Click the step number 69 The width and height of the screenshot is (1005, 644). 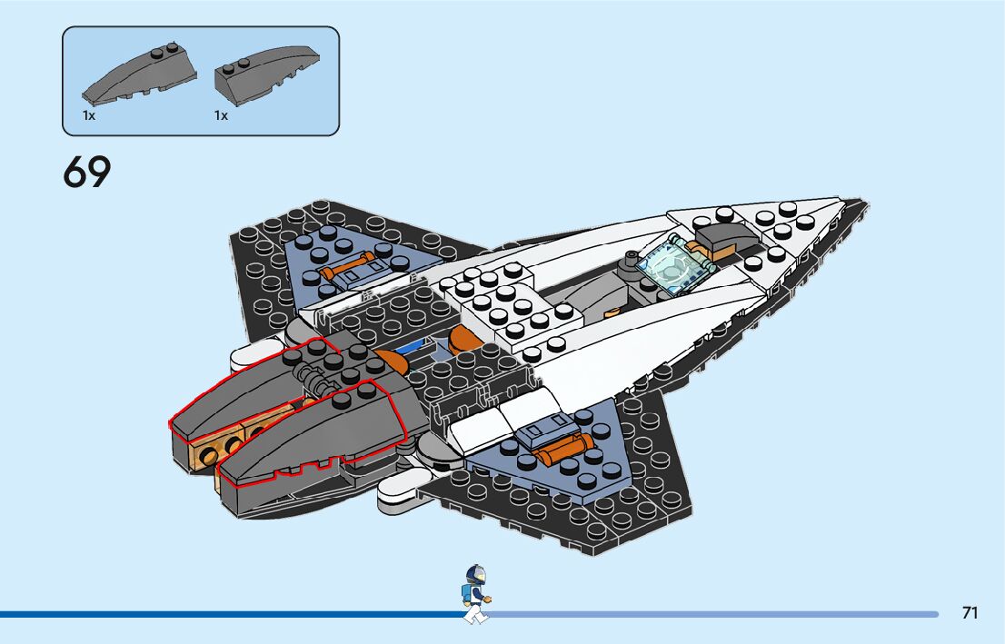coord(86,172)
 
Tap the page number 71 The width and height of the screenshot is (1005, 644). coord(970,613)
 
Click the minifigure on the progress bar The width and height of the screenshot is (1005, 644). coord(475,594)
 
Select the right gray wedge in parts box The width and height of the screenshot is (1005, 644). coord(267,70)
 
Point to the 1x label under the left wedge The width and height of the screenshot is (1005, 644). coord(89,116)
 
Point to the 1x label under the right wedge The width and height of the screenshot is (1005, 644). coord(221,116)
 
